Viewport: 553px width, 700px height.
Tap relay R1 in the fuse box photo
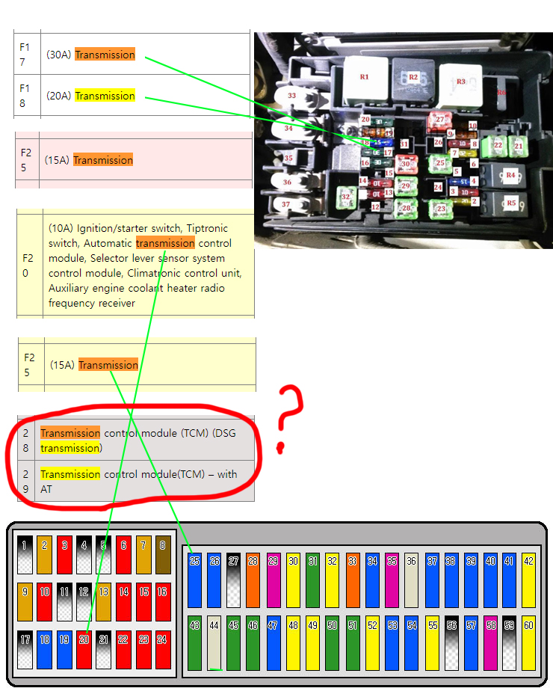coord(364,76)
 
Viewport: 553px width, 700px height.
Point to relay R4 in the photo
coord(510,175)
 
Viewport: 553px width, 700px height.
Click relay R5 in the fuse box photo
coord(510,202)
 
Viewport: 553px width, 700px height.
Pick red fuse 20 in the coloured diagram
coord(84,649)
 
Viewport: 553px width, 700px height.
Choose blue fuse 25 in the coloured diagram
coord(195,580)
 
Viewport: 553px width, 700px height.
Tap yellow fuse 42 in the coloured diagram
coord(528,580)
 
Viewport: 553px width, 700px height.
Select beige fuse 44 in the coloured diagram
coord(214,642)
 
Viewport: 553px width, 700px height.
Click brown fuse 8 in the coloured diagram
coord(162,554)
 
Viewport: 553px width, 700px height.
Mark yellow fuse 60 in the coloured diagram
coord(528,642)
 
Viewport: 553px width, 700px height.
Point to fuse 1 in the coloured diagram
coord(26,554)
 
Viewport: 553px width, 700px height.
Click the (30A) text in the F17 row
coord(59,55)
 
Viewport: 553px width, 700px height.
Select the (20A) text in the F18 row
coord(59,96)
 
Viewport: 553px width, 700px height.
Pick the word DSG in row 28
coord(224,433)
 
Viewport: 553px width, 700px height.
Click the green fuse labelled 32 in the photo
coord(345,197)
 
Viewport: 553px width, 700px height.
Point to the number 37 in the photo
coord(285,204)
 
